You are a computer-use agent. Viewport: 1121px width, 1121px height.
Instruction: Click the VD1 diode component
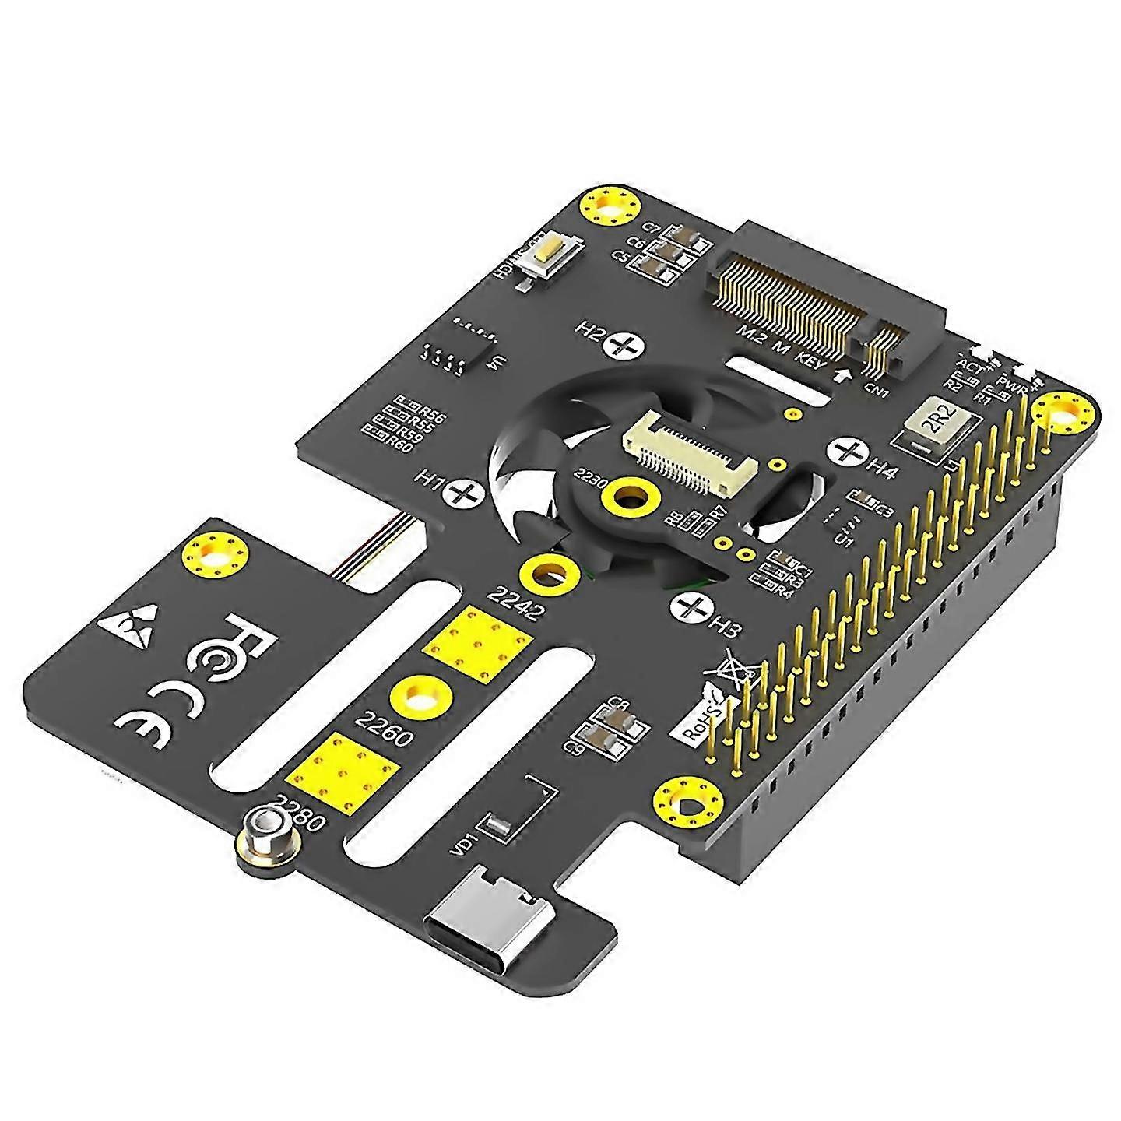498,825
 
